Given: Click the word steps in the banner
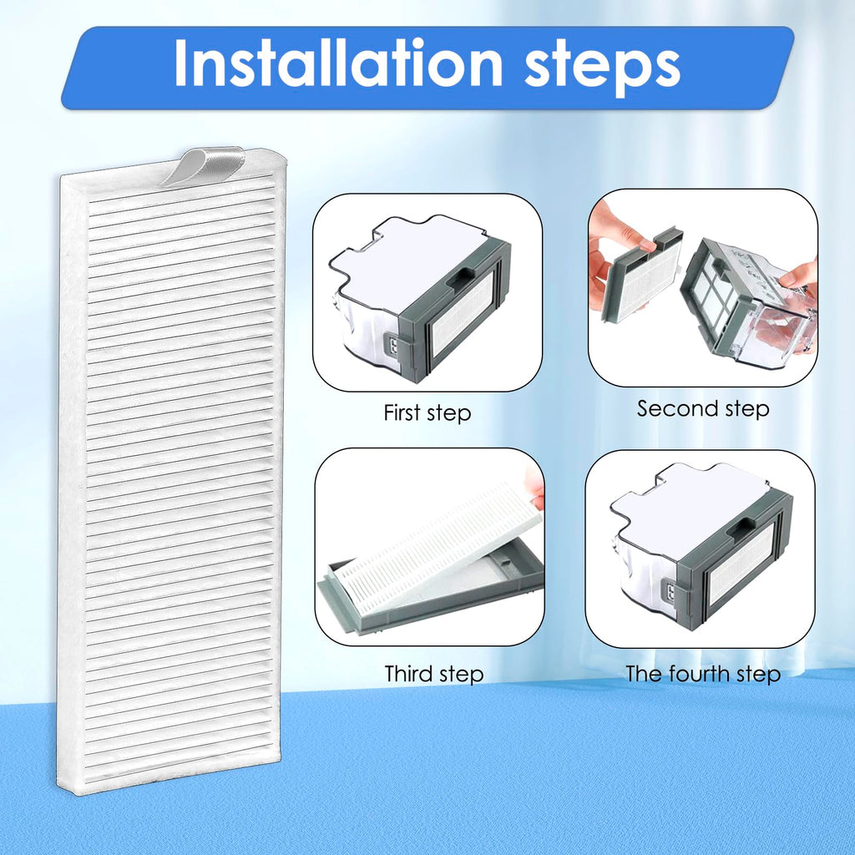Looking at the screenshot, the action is coord(602,68).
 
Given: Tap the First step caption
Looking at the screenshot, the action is coord(427,412).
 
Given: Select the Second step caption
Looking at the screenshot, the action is coord(703,408).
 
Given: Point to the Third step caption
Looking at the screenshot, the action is coord(434,674).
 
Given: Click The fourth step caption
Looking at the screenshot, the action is coord(703,674).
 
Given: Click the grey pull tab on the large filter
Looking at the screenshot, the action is coord(205,165).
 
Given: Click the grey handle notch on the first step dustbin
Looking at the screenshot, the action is coord(461,276).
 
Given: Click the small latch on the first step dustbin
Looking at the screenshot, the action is coord(393,345).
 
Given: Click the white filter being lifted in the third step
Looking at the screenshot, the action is coord(436,540).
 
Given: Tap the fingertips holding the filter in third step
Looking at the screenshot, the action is coord(535,485).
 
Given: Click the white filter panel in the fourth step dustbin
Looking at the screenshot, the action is coord(741,564).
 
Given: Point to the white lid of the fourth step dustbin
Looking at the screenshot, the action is coord(688,502).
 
